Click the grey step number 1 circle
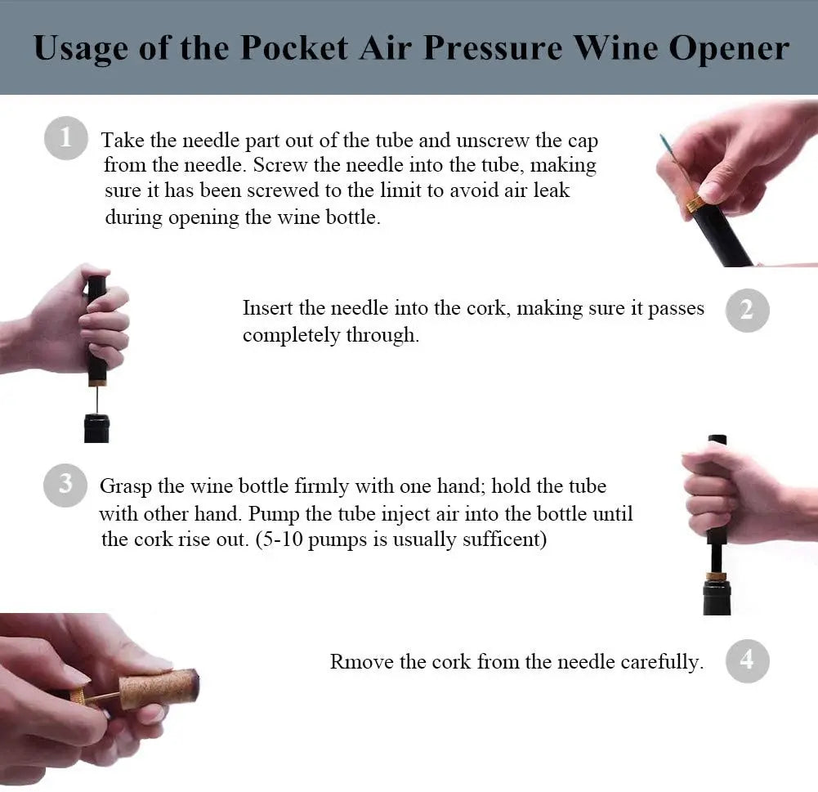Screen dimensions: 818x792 [x=65, y=138]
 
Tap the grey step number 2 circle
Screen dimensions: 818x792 [x=747, y=310]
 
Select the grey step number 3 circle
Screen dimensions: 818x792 [x=65, y=485]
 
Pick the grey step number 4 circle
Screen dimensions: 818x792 [x=747, y=660]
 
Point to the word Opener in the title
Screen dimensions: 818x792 [x=728, y=50]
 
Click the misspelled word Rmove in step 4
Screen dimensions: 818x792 [x=361, y=661]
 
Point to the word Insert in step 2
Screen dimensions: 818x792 [x=267, y=308]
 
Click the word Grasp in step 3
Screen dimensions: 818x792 [x=126, y=486]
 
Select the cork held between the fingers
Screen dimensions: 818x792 [x=158, y=688]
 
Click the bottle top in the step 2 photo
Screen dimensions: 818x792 [x=97, y=427]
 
